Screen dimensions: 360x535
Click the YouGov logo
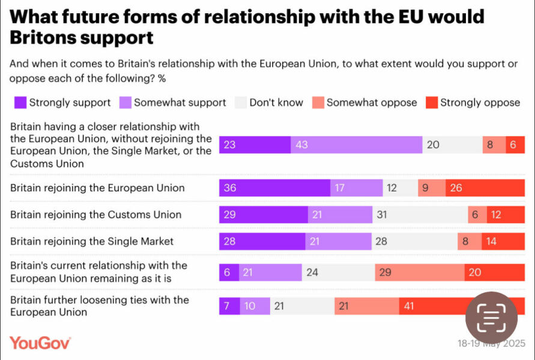click(40, 343)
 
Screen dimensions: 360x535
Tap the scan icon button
click(491, 318)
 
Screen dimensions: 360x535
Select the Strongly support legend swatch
click(20, 103)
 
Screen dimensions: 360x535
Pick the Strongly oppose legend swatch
click(431, 103)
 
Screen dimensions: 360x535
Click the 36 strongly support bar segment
click(274, 188)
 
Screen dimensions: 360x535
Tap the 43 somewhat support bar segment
click(356, 145)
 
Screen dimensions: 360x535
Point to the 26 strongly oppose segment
click(485, 188)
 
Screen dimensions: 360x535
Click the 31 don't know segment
click(420, 215)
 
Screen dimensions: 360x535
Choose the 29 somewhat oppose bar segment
click(419, 272)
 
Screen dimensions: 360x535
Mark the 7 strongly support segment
click(229, 306)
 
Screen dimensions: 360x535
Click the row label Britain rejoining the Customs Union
click(95, 215)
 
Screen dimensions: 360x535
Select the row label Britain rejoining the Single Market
click(92, 241)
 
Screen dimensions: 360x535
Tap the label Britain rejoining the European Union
click(97, 188)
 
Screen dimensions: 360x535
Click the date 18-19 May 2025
click(491, 344)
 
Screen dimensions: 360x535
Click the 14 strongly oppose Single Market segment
click(503, 241)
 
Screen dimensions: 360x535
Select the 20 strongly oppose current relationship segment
click(494, 272)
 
